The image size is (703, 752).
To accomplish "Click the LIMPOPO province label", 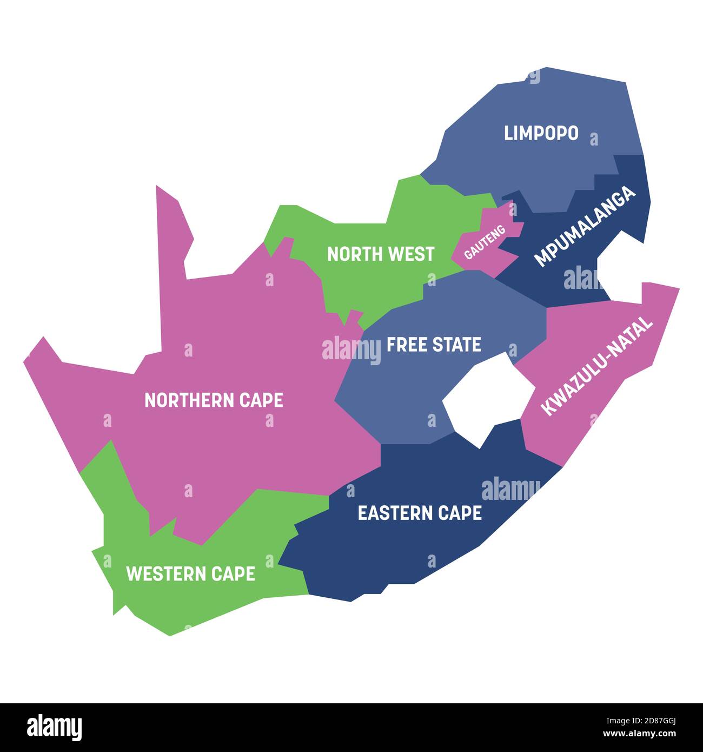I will click(541, 133).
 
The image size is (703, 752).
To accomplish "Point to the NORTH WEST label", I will click(380, 254).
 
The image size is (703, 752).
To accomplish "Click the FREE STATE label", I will click(434, 345).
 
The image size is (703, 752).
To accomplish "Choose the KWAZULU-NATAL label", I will click(597, 366).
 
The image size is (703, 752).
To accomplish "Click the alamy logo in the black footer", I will click(55, 727).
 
